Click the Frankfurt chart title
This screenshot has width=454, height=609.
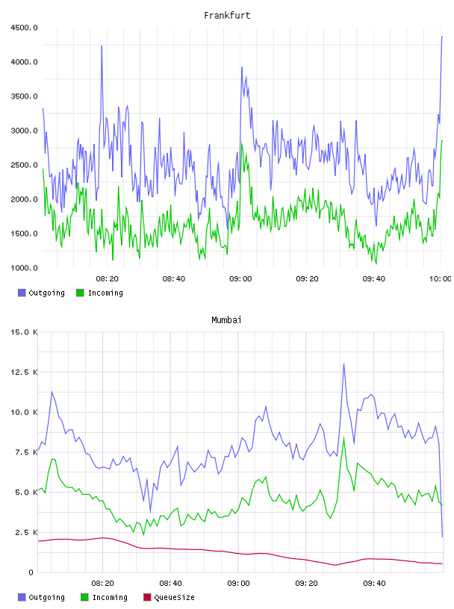(227, 16)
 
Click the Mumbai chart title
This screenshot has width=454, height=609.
(226, 320)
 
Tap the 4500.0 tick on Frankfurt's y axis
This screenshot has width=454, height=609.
(24, 28)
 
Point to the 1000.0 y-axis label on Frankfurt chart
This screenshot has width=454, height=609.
(24, 268)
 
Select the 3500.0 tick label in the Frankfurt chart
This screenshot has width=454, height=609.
(24, 96)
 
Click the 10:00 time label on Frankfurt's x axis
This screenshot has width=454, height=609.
(440, 279)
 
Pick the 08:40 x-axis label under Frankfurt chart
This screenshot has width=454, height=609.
(174, 279)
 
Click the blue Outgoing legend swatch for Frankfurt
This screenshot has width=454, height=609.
(22, 293)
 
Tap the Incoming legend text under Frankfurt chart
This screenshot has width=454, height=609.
(105, 293)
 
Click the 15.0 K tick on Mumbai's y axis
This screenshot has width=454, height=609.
(24, 332)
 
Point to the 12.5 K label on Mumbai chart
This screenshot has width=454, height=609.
(24, 372)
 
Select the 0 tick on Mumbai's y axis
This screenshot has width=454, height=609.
(31, 572)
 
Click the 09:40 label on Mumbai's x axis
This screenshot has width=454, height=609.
(374, 584)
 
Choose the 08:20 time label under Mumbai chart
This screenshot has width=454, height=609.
(102, 584)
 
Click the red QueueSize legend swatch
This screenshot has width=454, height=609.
(147, 597)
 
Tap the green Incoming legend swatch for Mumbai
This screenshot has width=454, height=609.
(84, 597)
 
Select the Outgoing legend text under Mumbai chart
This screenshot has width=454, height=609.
(46, 598)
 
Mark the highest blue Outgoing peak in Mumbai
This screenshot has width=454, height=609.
(343, 364)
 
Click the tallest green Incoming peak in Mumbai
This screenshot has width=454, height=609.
(343, 438)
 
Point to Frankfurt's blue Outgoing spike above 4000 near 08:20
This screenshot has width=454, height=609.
(102, 46)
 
